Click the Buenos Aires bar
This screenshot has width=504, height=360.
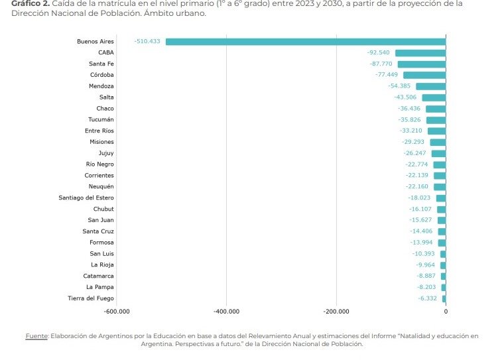(x=305, y=42)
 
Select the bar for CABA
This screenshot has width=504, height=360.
(x=420, y=53)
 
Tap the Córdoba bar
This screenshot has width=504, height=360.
(x=424, y=75)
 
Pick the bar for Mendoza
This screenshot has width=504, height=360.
(x=430, y=86)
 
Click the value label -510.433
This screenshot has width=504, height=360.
(x=147, y=42)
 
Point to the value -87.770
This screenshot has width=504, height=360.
(x=381, y=64)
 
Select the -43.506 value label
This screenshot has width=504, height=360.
(x=405, y=97)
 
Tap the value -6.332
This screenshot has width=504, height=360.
(x=428, y=298)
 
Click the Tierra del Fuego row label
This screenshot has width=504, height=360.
(x=90, y=298)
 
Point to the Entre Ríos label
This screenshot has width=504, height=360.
(x=99, y=131)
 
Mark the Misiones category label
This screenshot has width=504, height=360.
(x=101, y=142)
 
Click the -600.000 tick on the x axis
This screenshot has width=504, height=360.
(x=117, y=312)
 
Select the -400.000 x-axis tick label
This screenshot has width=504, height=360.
(x=227, y=312)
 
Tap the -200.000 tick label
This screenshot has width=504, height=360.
(x=336, y=312)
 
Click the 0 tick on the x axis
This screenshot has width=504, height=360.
(x=446, y=312)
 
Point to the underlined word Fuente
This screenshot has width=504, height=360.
(x=36, y=336)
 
